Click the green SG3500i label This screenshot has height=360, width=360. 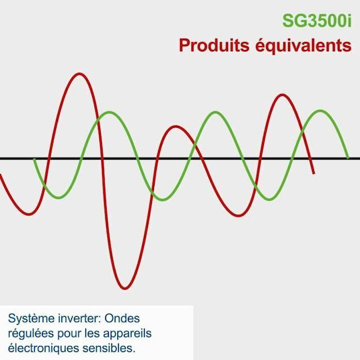317,21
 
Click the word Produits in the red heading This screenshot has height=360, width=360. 214,45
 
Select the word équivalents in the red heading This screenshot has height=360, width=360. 303,46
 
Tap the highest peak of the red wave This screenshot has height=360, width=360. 79,74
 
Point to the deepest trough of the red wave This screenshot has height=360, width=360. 125,288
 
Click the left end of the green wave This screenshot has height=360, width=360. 35,159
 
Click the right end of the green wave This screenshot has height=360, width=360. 348,158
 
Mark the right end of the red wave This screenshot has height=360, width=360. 313,173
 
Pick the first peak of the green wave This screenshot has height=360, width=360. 109,113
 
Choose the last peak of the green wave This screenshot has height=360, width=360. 320,111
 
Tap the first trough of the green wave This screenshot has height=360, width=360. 59,197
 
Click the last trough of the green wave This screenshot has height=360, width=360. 269,199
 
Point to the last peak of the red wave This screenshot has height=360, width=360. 283,95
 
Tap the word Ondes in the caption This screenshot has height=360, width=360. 122,319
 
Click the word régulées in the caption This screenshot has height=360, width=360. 31,334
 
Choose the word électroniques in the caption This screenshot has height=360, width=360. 44,349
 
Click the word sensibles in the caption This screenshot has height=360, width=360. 109,348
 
